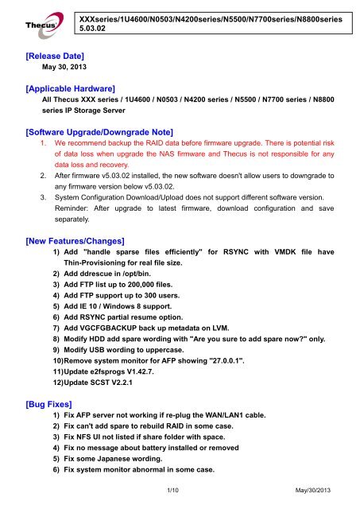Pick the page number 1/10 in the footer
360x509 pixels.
(180, 498)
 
